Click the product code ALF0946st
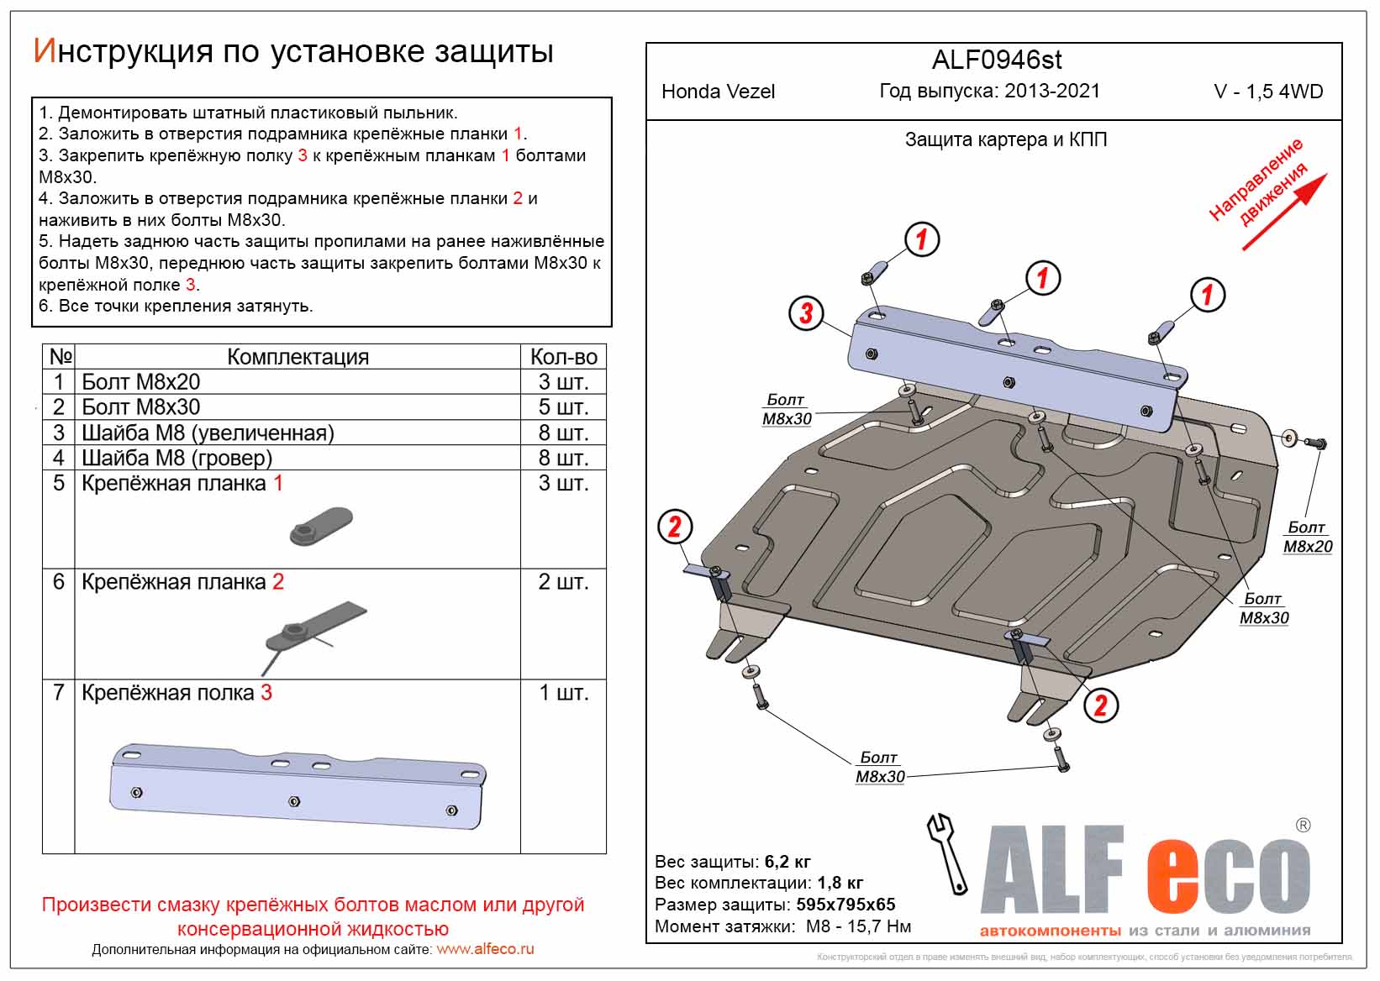click(997, 60)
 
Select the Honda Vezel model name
click(718, 92)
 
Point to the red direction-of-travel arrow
click(1284, 212)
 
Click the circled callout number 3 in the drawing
click(806, 313)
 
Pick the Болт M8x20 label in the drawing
click(1307, 537)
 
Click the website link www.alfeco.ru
click(486, 949)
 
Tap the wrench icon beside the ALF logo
click(947, 852)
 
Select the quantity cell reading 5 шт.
click(563, 407)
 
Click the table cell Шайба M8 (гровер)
click(176, 458)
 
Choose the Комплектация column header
click(298, 357)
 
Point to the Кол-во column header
click(563, 357)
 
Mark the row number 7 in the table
click(59, 693)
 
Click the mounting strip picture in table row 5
click(321, 526)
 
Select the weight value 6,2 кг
click(787, 862)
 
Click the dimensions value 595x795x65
click(845, 905)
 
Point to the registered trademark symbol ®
click(1303, 826)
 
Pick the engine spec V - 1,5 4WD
click(1268, 92)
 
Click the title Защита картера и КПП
click(1005, 139)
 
